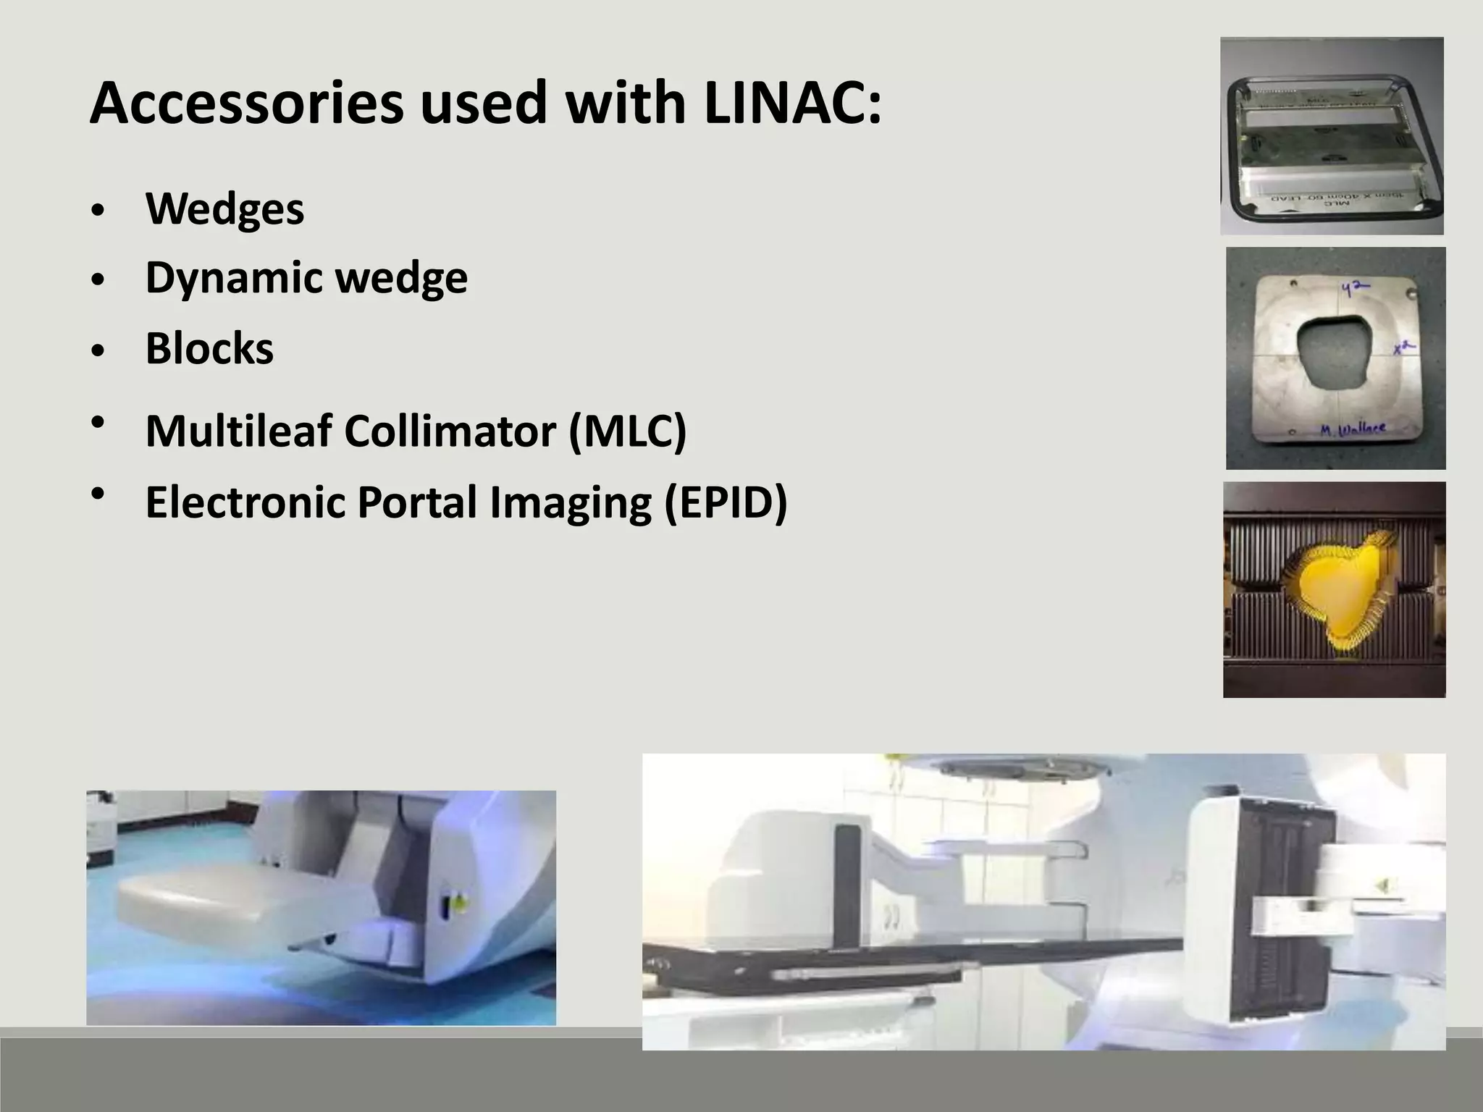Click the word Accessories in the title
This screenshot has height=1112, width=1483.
click(246, 104)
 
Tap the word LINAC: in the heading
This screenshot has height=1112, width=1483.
click(792, 104)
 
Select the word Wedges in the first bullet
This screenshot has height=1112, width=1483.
click(224, 209)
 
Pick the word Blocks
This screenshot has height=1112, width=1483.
click(209, 348)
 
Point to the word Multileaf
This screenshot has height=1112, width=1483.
click(238, 431)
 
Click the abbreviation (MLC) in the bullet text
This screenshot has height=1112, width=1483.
click(627, 431)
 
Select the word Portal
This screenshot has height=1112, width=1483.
click(418, 502)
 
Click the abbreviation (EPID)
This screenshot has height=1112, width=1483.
click(726, 502)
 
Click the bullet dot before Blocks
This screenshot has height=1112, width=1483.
click(99, 351)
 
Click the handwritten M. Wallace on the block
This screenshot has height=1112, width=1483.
click(1352, 429)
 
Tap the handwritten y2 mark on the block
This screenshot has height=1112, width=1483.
click(1355, 289)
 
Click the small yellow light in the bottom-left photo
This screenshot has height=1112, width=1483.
click(459, 902)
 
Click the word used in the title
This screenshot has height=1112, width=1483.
click(482, 104)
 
